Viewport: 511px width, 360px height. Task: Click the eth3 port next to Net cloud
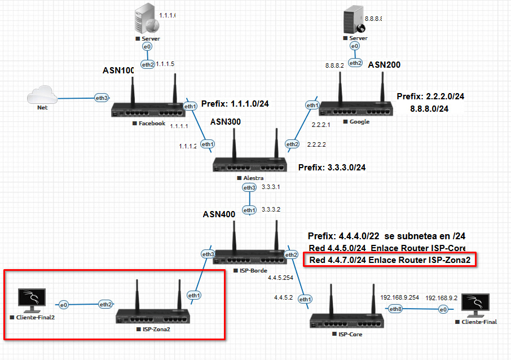coord(102,98)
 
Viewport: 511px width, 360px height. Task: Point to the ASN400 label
coord(219,214)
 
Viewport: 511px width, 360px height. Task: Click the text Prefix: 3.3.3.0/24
coord(332,168)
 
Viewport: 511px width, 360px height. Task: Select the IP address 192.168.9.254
coord(400,297)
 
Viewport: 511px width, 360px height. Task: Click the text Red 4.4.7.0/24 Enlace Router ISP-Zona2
coord(390,260)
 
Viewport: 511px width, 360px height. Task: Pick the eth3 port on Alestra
coord(249,187)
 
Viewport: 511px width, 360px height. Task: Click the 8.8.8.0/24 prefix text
coord(430,109)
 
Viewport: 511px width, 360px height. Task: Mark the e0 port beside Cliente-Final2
coord(64,304)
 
